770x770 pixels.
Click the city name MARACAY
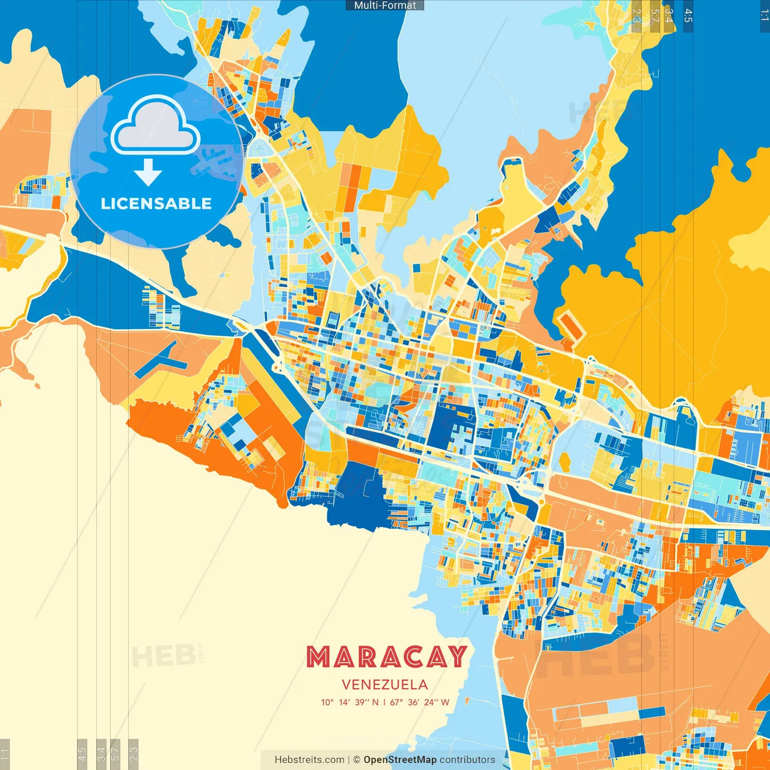point(386,657)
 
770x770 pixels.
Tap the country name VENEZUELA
point(385,685)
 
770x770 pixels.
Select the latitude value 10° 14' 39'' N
point(350,702)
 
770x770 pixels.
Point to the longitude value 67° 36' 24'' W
point(420,702)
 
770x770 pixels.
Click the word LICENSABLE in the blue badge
point(156,203)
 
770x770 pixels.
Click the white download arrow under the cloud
point(148,172)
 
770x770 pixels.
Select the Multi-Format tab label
point(385,5)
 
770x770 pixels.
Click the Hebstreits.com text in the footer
point(309,760)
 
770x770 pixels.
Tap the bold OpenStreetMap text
point(400,760)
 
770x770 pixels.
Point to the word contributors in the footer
point(467,760)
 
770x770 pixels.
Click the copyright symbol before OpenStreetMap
point(357,760)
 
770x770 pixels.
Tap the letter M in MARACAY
point(318,657)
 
